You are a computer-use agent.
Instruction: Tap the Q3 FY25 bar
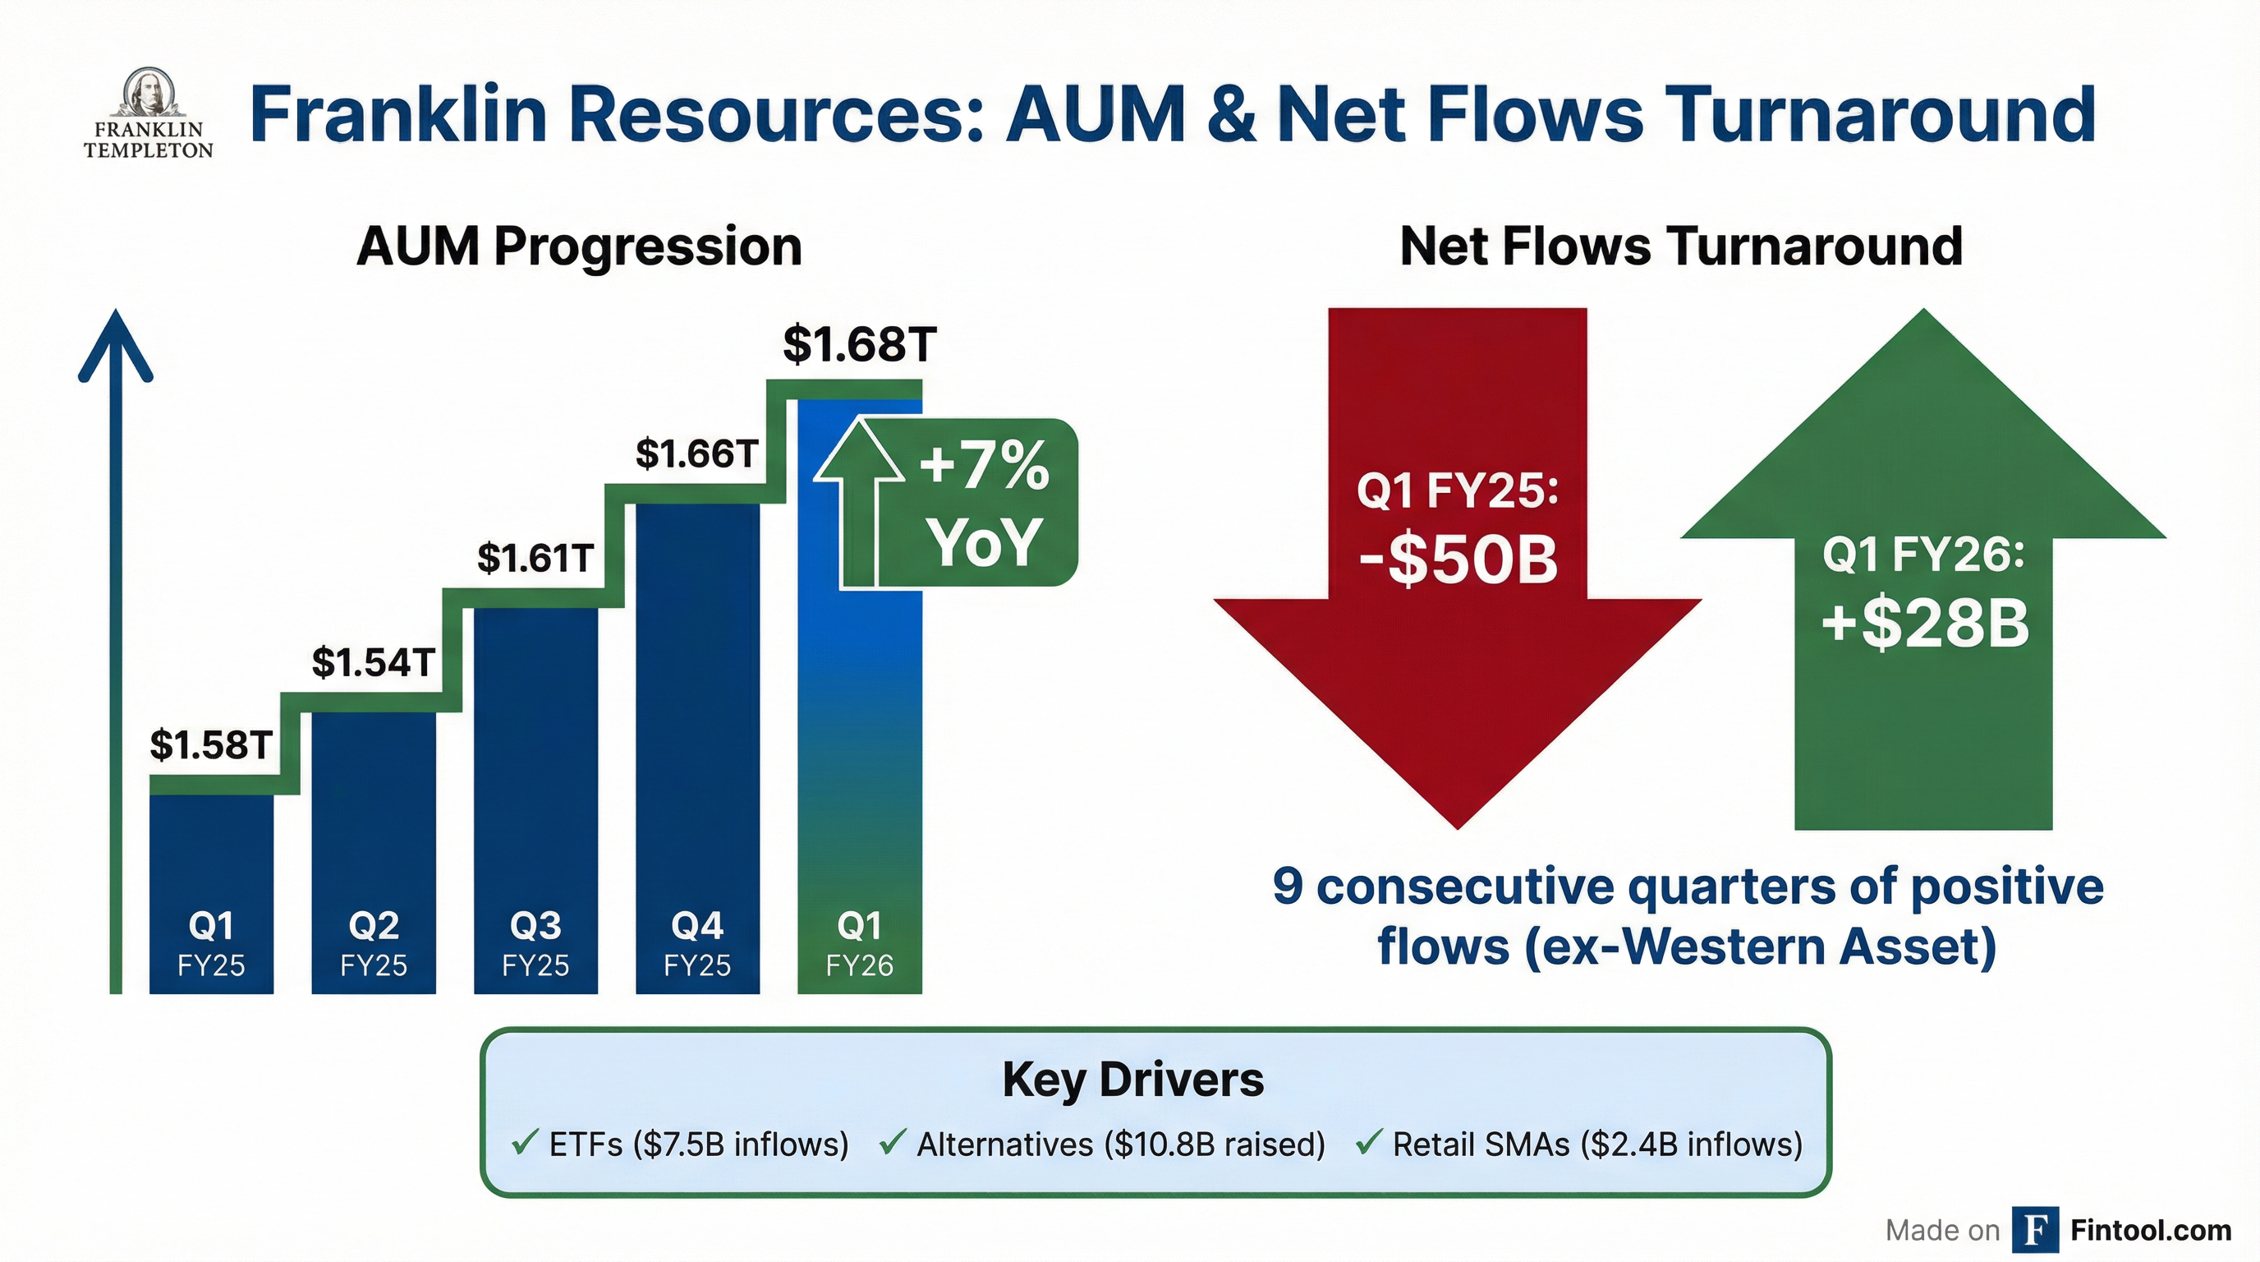(x=535, y=790)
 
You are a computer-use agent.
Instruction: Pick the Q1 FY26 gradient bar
(x=859, y=746)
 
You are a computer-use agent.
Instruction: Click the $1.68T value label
(x=859, y=344)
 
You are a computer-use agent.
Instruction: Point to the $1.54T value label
(x=373, y=662)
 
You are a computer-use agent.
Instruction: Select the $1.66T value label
(x=696, y=454)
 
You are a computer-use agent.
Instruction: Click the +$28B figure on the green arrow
(x=1925, y=624)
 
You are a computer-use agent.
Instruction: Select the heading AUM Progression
(x=579, y=246)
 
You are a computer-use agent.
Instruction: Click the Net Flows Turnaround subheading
(x=1681, y=246)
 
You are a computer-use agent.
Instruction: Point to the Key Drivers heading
(x=1132, y=1080)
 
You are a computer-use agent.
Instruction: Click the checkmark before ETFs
(x=524, y=1143)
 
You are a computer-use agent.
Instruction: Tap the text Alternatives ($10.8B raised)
(x=1120, y=1145)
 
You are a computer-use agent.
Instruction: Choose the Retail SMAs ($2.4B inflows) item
(x=1596, y=1145)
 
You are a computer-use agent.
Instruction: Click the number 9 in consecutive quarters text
(x=1287, y=887)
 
